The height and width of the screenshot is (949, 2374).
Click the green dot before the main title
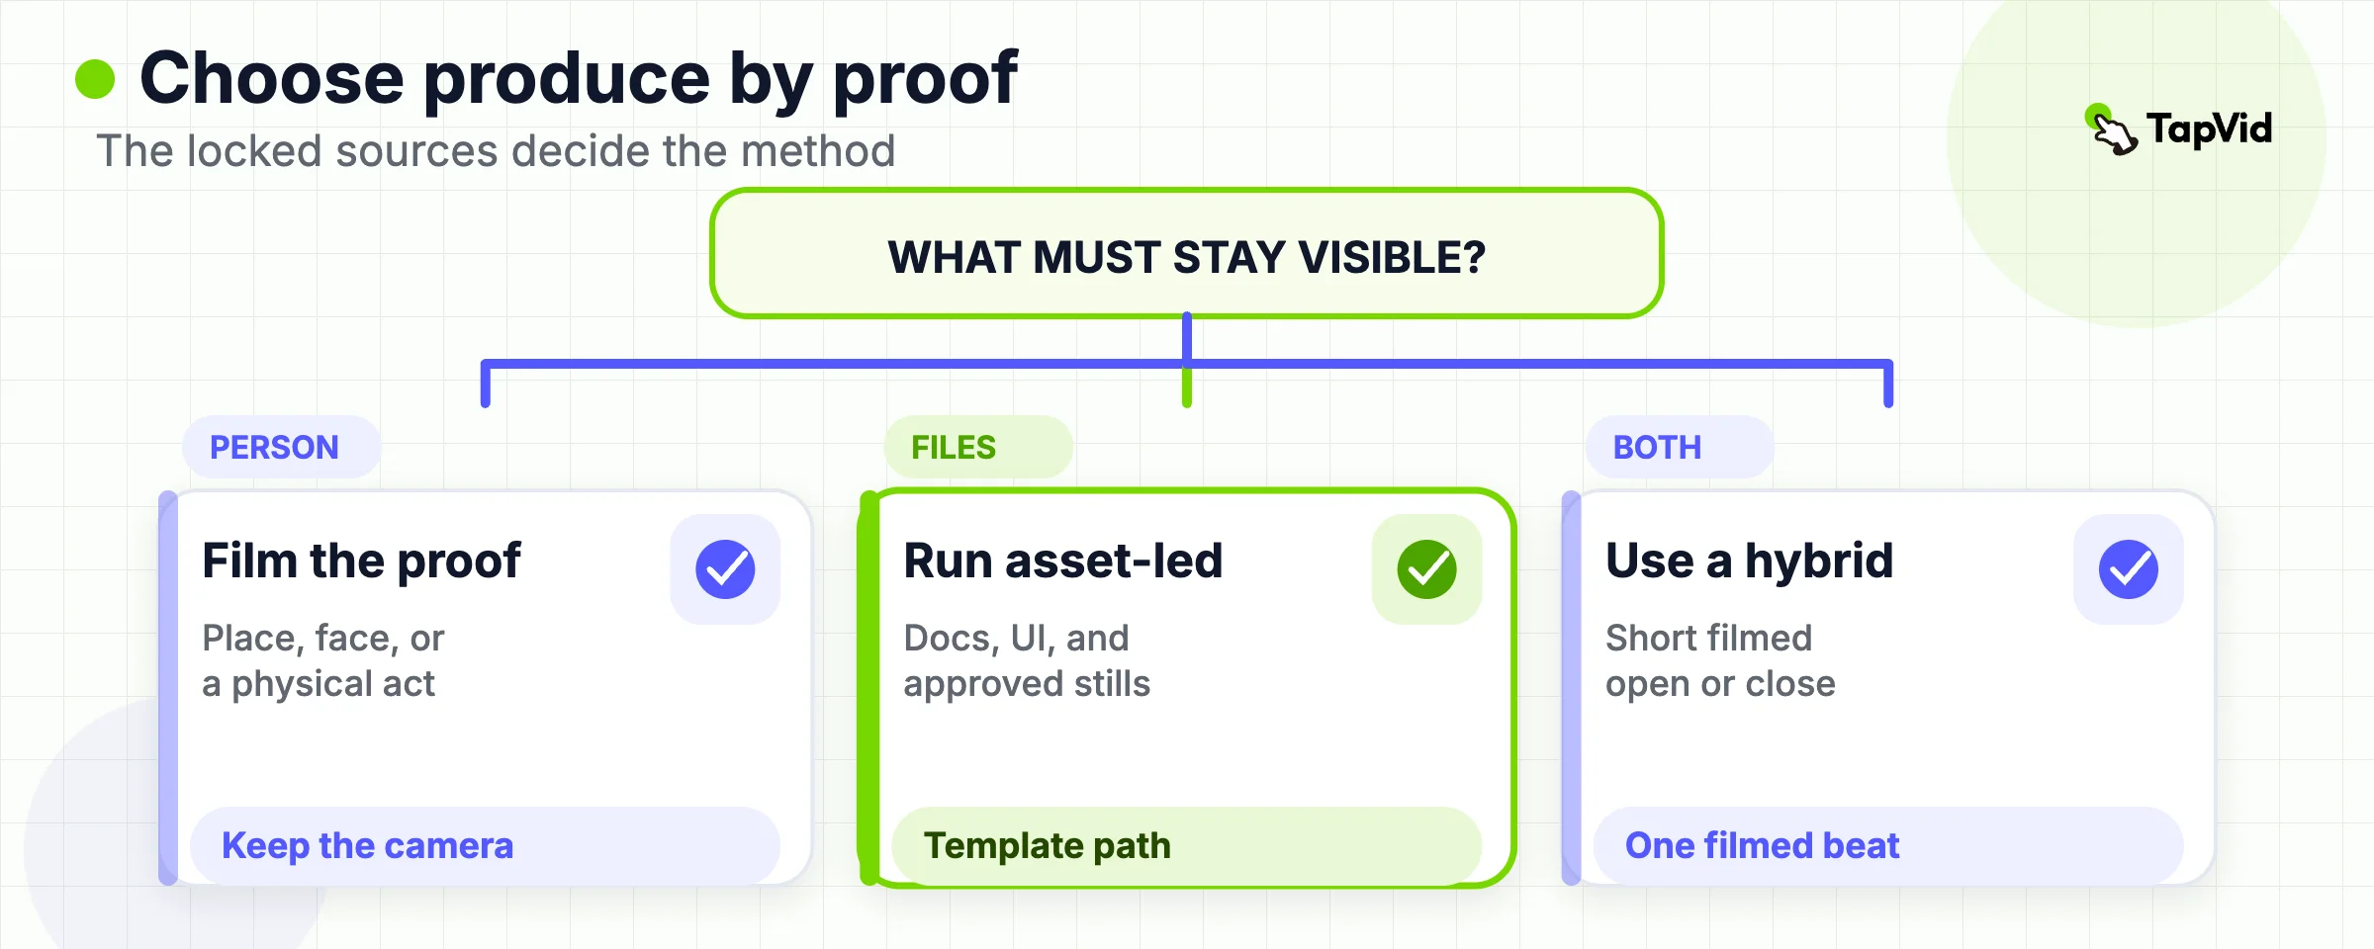[95, 79]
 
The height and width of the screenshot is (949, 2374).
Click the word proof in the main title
[925, 79]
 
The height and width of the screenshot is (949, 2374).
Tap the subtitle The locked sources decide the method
[496, 151]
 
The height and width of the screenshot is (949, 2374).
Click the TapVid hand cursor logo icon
[2112, 129]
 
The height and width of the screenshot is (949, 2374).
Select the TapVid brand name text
[2209, 129]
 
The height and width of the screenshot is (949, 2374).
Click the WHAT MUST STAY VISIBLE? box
[1186, 254]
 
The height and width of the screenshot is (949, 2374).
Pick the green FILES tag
[977, 447]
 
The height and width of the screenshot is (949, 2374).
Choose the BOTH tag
[1679, 447]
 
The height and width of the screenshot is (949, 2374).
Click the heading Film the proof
[361, 561]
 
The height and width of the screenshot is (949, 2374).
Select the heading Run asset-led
[1063, 561]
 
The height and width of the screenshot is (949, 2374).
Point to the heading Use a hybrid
[1749, 561]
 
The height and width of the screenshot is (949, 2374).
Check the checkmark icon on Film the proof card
[725, 569]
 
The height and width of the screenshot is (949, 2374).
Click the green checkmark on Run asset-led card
[1426, 569]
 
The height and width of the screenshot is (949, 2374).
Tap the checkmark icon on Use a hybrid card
[2129, 569]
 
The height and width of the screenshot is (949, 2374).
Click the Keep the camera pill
[485, 846]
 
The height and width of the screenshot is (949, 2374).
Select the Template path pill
[1186, 846]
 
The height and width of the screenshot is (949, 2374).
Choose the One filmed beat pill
[1888, 846]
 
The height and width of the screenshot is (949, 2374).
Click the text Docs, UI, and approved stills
[1027, 660]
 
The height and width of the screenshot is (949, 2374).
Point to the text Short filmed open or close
[1720, 660]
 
